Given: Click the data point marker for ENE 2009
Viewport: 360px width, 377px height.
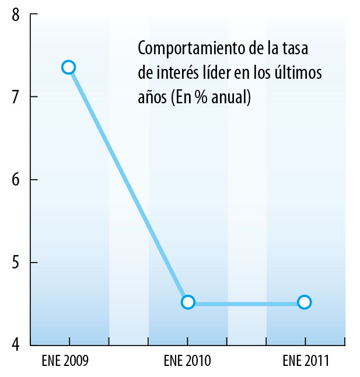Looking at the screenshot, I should tap(69, 67).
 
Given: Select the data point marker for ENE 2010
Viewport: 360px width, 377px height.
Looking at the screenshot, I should tap(188, 302).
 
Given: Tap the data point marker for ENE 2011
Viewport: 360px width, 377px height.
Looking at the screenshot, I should tap(304, 302).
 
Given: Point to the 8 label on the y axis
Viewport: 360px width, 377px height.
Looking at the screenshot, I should tap(16, 15).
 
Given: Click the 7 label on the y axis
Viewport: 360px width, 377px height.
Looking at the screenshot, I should tap(16, 96).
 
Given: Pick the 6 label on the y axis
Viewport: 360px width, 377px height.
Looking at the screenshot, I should tap(16, 179).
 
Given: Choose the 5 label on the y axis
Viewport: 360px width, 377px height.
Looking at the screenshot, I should tap(16, 262).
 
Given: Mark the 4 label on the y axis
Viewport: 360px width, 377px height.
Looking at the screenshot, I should tap(16, 344).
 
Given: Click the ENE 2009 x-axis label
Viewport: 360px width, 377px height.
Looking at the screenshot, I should tap(65, 361).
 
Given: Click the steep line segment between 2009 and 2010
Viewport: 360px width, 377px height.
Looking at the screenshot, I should tap(128, 184).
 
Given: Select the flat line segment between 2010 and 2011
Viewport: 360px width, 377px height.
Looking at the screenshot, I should tap(246, 302).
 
